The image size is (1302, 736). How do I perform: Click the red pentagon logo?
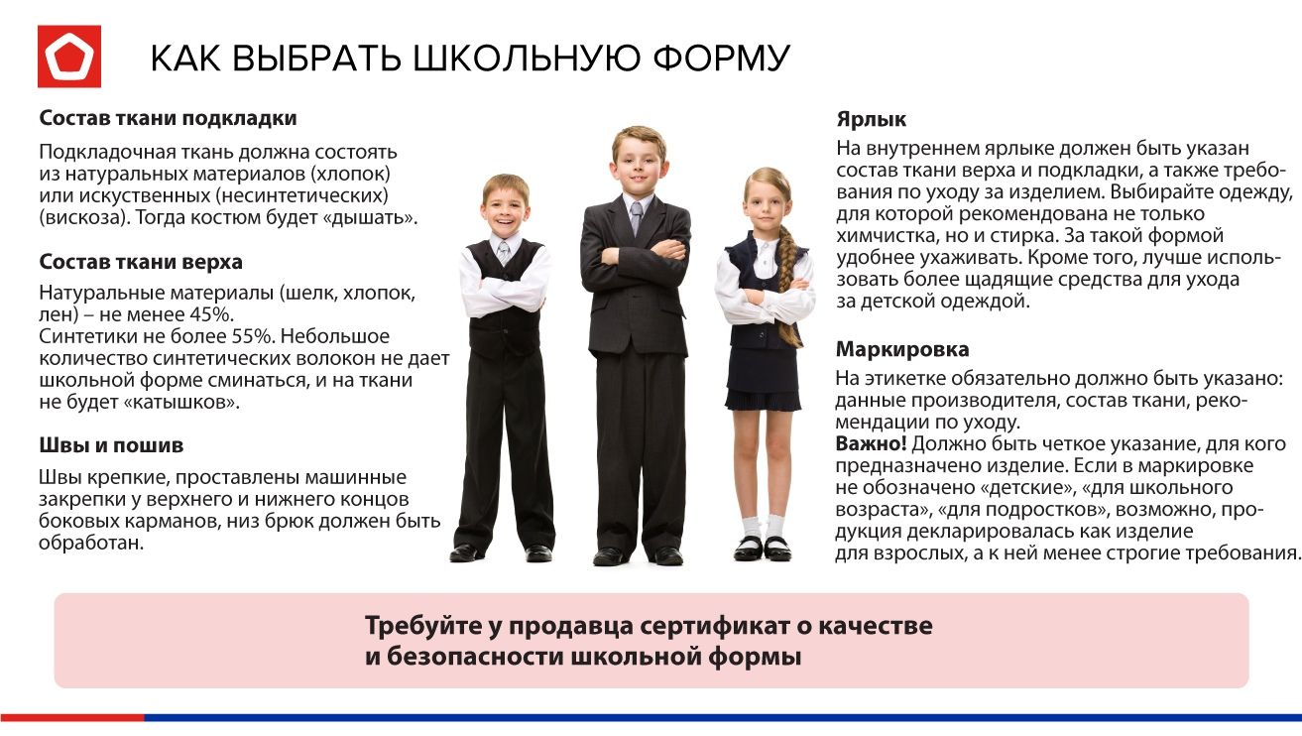click(69, 57)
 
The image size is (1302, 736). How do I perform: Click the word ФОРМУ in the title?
click(721, 59)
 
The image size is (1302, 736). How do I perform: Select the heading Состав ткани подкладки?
click(168, 118)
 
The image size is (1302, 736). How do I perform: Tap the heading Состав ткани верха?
click(141, 262)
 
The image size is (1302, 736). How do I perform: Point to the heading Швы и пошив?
click(111, 445)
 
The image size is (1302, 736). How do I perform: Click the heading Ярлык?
click(872, 120)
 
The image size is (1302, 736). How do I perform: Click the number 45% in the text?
click(211, 314)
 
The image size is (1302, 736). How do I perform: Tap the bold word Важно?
click(871, 444)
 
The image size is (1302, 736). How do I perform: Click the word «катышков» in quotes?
click(181, 403)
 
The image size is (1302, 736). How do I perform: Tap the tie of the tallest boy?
click(637, 216)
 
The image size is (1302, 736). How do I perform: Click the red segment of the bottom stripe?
click(72, 717)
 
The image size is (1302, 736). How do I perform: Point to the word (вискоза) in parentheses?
click(79, 218)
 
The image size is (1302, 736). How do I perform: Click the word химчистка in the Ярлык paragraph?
click(888, 236)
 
